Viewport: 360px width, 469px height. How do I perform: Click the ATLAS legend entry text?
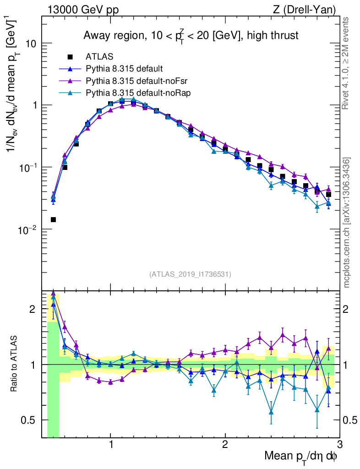pyautogui.click(x=96, y=57)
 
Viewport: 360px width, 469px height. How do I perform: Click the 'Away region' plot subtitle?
pyautogui.click(x=191, y=35)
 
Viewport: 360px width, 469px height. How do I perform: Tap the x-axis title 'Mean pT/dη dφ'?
pyautogui.click(x=301, y=456)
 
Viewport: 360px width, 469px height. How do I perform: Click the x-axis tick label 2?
pyautogui.click(x=225, y=444)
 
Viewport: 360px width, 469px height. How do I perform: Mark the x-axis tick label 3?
pyautogui.click(x=339, y=444)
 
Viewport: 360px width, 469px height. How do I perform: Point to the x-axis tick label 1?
pyautogui.click(x=111, y=444)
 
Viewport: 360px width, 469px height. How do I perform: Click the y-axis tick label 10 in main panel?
pyautogui.click(x=31, y=44)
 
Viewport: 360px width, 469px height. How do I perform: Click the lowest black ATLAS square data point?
pyautogui.click(x=53, y=219)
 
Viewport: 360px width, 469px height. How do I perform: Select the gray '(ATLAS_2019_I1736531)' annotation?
pyautogui.click(x=190, y=274)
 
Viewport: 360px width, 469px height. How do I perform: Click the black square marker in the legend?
pyautogui.click(x=70, y=57)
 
